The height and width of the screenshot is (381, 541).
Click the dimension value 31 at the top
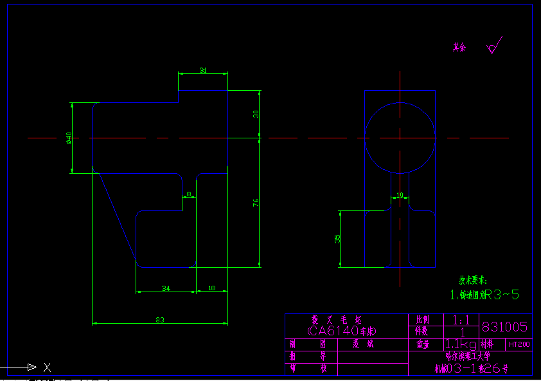pyautogui.click(x=203, y=70)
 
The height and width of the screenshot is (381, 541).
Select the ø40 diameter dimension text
pyautogui.click(x=68, y=138)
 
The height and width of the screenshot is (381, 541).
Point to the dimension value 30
pyautogui.click(x=256, y=113)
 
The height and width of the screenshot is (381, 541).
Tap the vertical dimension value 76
pyautogui.click(x=256, y=202)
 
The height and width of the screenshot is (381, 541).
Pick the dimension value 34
pyautogui.click(x=165, y=288)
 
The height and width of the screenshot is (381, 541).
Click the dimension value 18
pyautogui.click(x=212, y=288)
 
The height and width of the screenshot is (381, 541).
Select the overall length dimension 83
pyautogui.click(x=160, y=319)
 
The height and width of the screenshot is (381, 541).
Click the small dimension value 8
pyautogui.click(x=189, y=194)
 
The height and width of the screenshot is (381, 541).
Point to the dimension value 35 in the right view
pyautogui.click(x=337, y=238)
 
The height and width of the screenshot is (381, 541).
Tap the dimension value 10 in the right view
pyautogui.click(x=400, y=194)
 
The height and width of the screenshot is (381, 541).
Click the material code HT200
pyautogui.click(x=519, y=344)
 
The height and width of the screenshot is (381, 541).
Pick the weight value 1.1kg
pyautogui.click(x=461, y=344)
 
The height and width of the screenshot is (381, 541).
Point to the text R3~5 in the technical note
pyautogui.click(x=502, y=295)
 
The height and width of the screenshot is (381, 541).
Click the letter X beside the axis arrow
pyautogui.click(x=46, y=367)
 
